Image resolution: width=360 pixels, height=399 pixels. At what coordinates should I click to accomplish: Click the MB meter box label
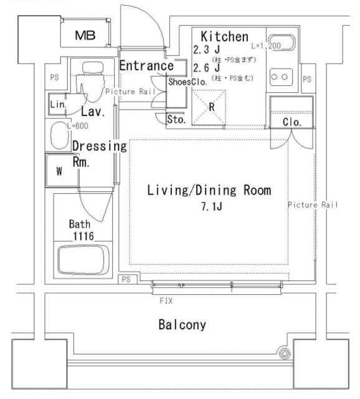pos(85,36)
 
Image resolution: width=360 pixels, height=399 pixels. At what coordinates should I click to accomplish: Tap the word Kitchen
pos(225,37)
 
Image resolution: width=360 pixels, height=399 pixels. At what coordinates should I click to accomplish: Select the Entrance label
pos(146,65)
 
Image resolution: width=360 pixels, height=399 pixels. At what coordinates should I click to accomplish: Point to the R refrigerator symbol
pos(211,106)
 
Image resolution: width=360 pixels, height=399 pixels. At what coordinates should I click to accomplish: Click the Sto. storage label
pos(176,120)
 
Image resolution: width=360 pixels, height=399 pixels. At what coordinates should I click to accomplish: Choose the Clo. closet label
pos(292,122)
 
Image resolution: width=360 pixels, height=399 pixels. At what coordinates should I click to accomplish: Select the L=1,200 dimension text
pos(266,46)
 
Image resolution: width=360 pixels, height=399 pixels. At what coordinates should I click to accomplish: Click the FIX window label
pos(166,300)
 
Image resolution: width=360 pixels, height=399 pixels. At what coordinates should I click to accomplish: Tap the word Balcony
pos(182,325)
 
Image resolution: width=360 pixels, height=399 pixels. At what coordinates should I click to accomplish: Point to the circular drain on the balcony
pos(285,354)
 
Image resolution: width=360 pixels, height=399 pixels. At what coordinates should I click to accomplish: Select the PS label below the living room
pos(126,279)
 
